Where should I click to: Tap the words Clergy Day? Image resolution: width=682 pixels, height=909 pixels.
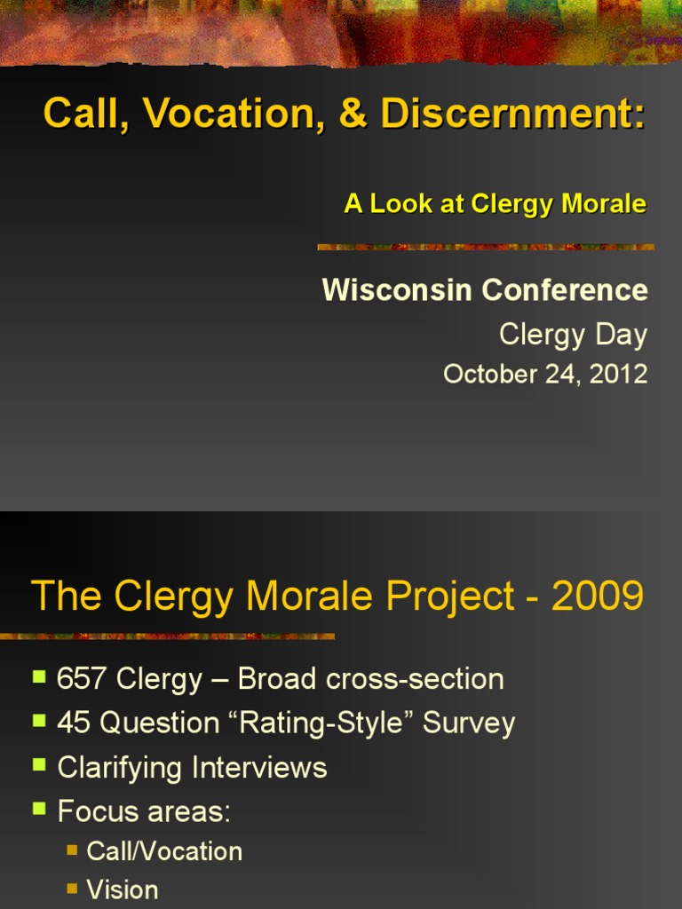[573, 335]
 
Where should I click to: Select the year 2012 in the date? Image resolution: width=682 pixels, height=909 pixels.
[618, 374]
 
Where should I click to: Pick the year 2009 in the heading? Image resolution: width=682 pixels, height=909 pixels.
[597, 597]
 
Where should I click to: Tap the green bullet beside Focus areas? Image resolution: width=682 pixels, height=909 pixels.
[39, 808]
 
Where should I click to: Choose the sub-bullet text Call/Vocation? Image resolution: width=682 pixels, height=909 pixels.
[164, 851]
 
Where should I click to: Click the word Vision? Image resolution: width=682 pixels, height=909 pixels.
[123, 889]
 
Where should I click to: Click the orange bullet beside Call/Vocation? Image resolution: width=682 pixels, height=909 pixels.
[72, 850]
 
